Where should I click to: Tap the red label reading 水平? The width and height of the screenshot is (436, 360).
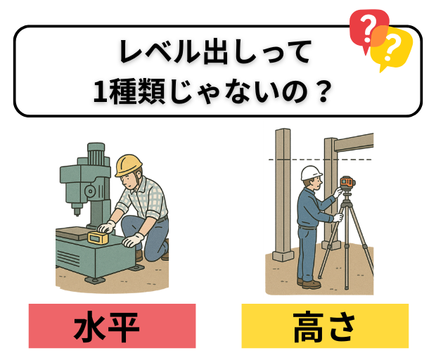[112, 326]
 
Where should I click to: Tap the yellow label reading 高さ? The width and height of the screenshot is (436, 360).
[324, 326]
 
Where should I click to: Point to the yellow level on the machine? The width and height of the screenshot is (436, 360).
[98, 238]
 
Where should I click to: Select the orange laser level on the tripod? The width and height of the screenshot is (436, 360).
[347, 185]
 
